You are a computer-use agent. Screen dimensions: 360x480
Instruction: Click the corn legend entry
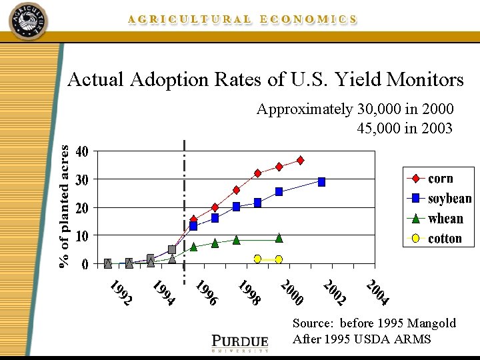click(x=440, y=179)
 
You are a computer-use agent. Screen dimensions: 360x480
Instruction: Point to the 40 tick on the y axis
click(x=81, y=152)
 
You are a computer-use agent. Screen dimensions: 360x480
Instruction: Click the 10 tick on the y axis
click(x=81, y=236)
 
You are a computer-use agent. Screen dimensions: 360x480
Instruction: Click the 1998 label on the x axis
click(x=249, y=293)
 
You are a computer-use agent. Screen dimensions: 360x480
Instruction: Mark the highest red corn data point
click(x=301, y=160)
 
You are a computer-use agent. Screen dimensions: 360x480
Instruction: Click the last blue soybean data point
click(x=322, y=182)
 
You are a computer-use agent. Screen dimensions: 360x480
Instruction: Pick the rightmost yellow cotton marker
click(x=279, y=259)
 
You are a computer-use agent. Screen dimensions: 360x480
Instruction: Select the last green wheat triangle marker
click(x=279, y=238)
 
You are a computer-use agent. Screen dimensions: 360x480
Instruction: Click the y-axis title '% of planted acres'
click(x=64, y=207)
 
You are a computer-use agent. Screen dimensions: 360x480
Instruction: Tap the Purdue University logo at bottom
click(x=240, y=341)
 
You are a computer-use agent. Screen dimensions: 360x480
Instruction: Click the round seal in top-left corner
click(x=29, y=21)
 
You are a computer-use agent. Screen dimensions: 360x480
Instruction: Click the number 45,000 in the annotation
click(x=379, y=128)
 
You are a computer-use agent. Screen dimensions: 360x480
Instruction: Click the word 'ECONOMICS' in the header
click(x=308, y=20)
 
